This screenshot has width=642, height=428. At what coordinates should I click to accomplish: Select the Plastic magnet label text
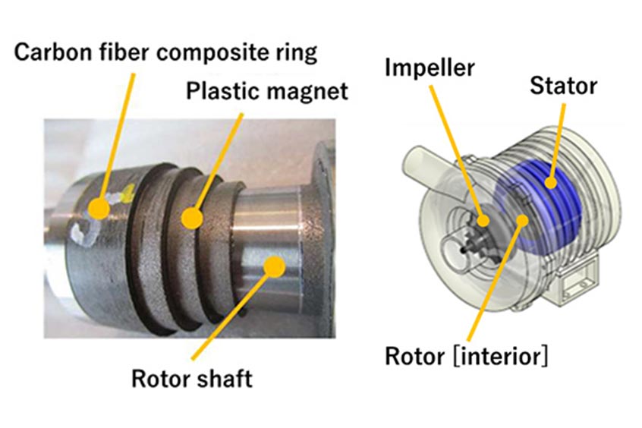pyautogui.click(x=267, y=92)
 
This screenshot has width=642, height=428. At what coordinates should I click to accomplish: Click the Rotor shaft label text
pyautogui.click(x=192, y=377)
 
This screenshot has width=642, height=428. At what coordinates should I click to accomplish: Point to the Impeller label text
pyautogui.click(x=430, y=68)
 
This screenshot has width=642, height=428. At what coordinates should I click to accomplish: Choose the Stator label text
pyautogui.click(x=564, y=86)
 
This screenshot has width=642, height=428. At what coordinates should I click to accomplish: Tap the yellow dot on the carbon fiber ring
pyautogui.click(x=98, y=206)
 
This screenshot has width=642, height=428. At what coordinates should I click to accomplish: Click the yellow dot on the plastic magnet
pyautogui.click(x=191, y=219)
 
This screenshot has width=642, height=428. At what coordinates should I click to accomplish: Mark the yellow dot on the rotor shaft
pyautogui.click(x=272, y=266)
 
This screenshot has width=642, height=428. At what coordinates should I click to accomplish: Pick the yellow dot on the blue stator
pyautogui.click(x=552, y=181)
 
